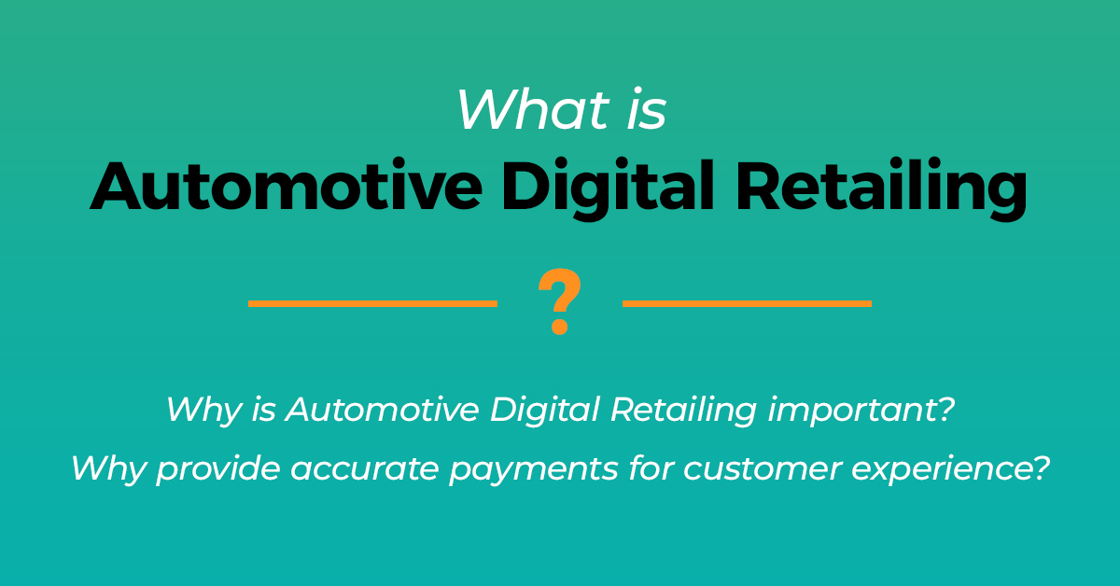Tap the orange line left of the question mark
point(372,303)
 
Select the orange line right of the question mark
point(747,303)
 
